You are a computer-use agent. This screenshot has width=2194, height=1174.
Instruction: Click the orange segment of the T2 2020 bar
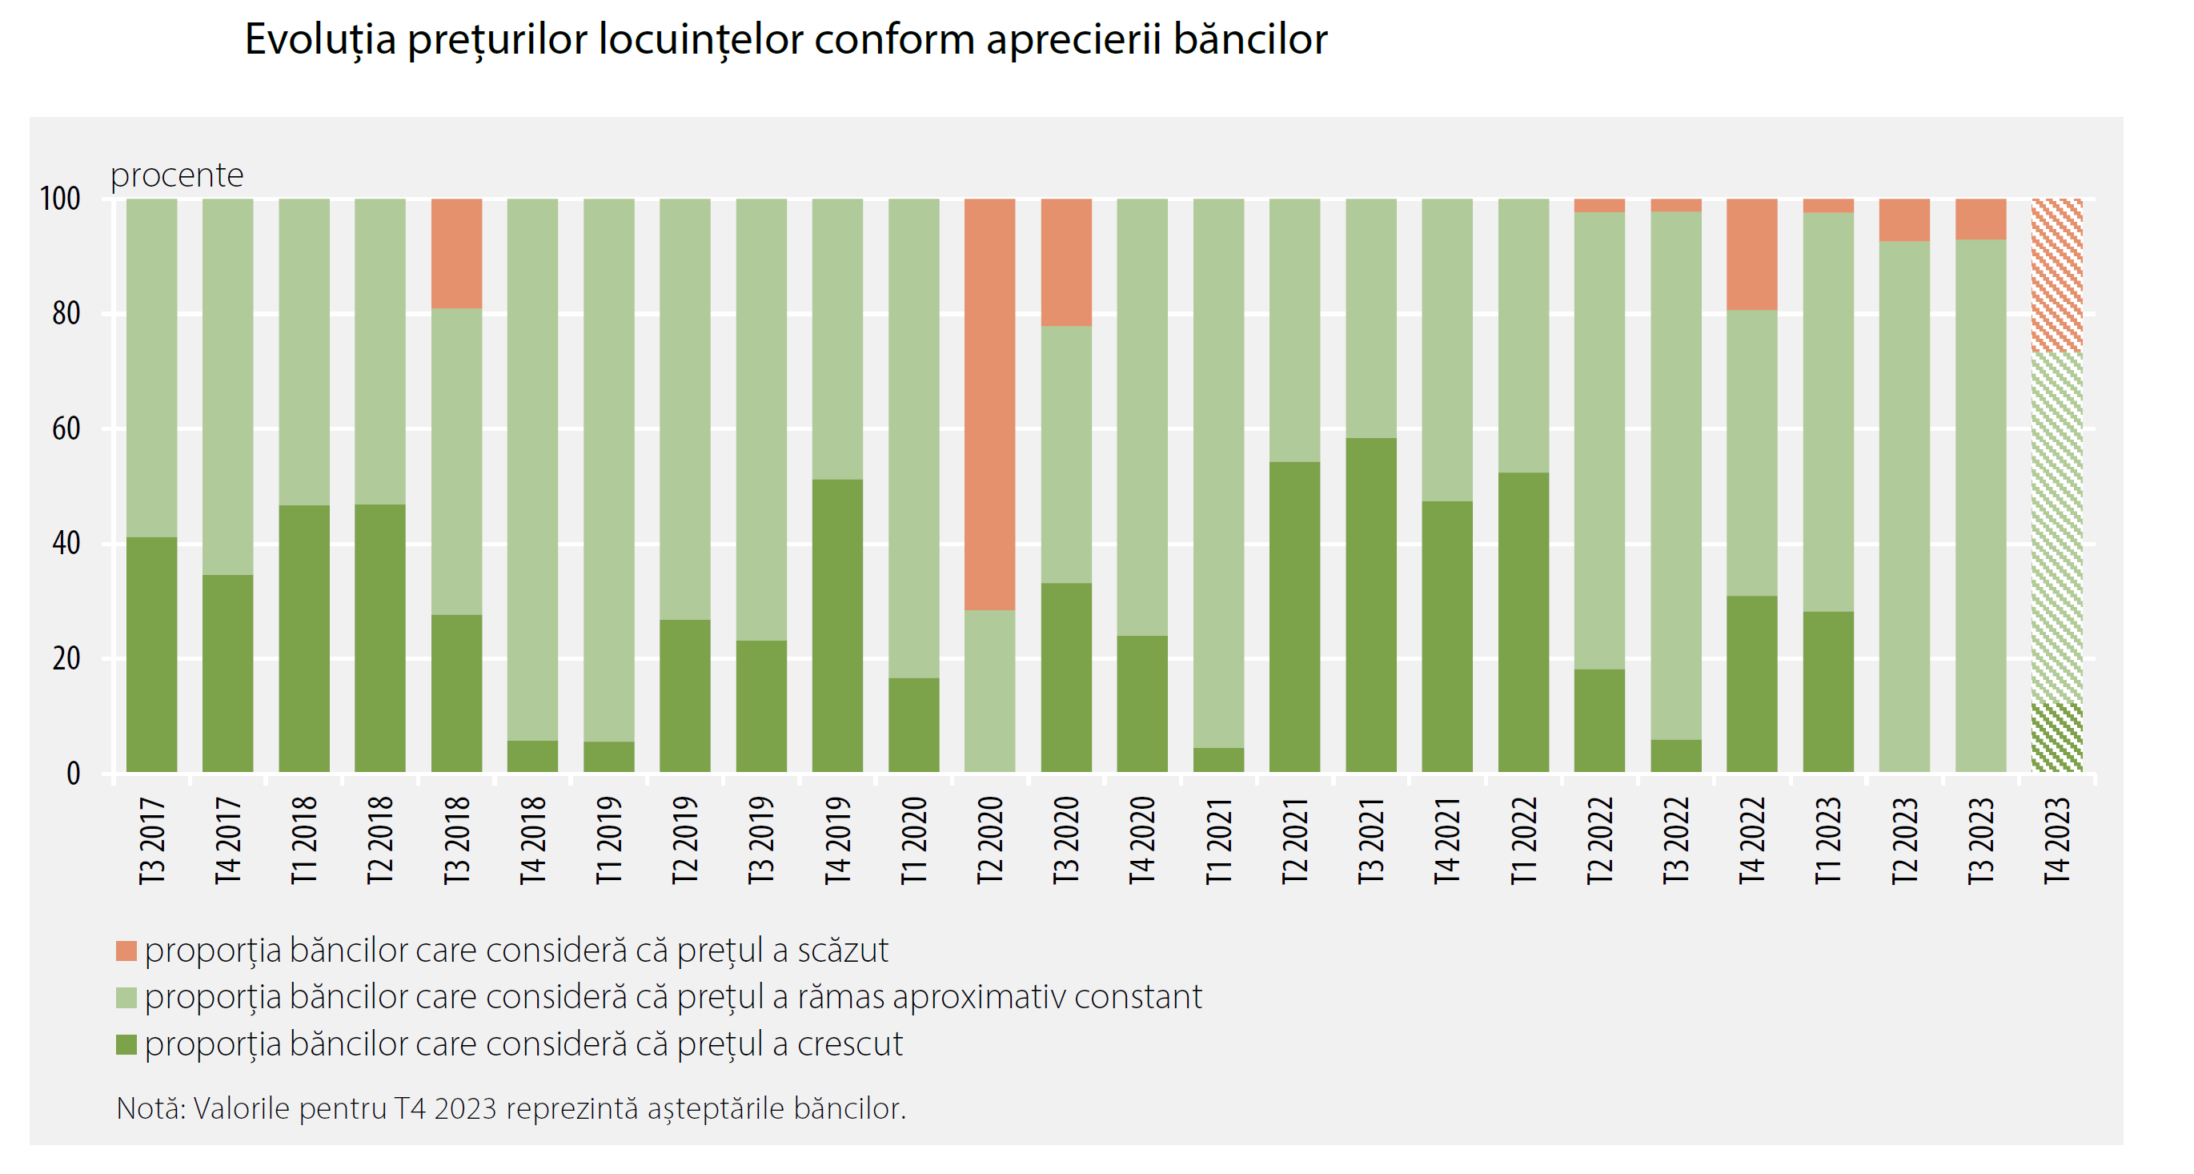pos(989,404)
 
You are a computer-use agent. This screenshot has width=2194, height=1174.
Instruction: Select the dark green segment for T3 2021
pos(1370,605)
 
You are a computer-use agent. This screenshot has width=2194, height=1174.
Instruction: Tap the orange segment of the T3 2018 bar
pos(456,253)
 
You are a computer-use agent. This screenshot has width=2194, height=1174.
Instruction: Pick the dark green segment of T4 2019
pos(837,625)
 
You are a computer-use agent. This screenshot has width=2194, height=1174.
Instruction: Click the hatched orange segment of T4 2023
pos(2056,275)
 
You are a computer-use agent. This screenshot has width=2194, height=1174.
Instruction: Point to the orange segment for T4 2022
pos(1751,254)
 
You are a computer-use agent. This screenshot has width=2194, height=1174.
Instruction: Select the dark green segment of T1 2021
pos(1218,760)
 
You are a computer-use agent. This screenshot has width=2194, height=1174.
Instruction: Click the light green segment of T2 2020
pos(989,691)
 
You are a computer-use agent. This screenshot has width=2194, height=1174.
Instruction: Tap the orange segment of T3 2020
pos(1065,263)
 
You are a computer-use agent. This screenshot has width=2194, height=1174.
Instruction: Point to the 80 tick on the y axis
pos(66,314)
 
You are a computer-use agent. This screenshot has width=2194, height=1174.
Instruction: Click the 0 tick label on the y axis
pos(74,774)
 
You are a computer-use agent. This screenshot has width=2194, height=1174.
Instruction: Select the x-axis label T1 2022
pos(1523,840)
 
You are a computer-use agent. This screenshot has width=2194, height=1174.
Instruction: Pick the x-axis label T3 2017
pos(151,840)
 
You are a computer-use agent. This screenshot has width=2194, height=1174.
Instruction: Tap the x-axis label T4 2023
pos(2056,840)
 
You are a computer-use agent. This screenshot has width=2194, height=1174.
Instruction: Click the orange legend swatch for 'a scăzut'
pos(126,951)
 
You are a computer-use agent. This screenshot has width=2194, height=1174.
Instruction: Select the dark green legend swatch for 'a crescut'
pos(126,1044)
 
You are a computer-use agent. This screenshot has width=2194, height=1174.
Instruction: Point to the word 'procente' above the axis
pos(177,175)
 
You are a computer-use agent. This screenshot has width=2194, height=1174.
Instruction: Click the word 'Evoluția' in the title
pos(320,39)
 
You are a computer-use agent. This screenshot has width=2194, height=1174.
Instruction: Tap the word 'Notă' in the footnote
pos(148,1108)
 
